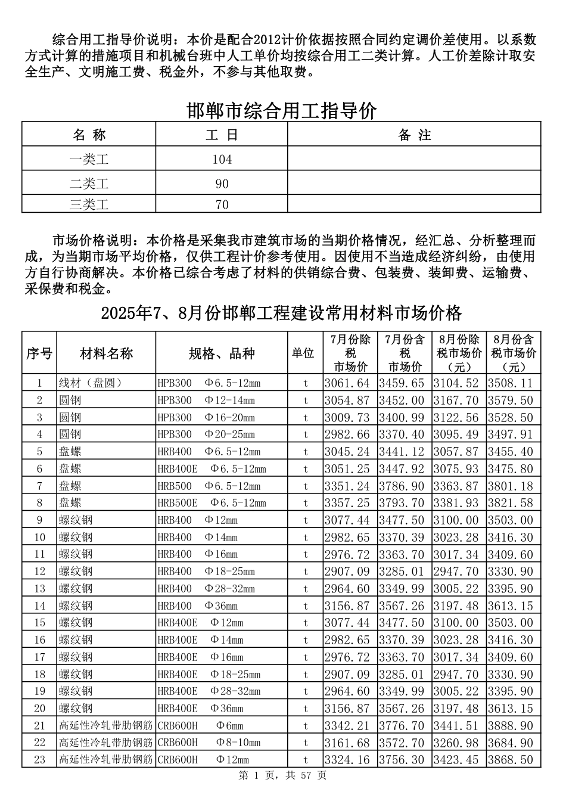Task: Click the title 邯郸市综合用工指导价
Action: pyautogui.click(x=281, y=111)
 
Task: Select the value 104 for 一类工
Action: pyautogui.click(x=222, y=160)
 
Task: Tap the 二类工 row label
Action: pyautogui.click(x=89, y=184)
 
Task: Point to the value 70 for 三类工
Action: pyautogui.click(x=222, y=204)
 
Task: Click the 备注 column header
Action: pyautogui.click(x=414, y=135)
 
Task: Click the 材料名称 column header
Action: pyautogui.click(x=107, y=353)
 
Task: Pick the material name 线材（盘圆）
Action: pyautogui.click(x=90, y=383)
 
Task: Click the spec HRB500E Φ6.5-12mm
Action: pyautogui.click(x=212, y=503)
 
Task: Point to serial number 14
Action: pyautogui.click(x=39, y=606)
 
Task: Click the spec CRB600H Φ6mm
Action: pyautogui.click(x=201, y=726)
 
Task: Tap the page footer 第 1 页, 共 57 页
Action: pyautogui.click(x=282, y=775)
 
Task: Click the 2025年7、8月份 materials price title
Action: pyautogui.click(x=281, y=313)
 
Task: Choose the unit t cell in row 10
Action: pyautogui.click(x=306, y=538)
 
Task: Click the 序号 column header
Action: pyautogui.click(x=39, y=353)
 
